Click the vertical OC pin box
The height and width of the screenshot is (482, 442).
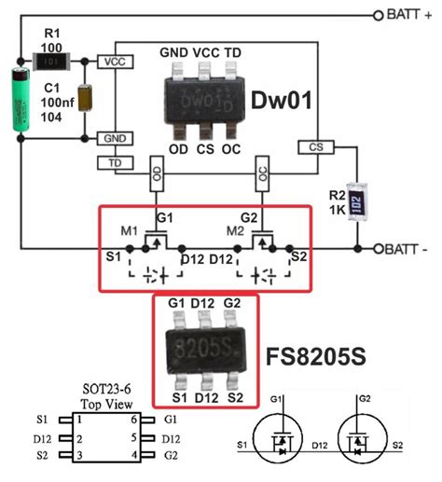coord(263,172)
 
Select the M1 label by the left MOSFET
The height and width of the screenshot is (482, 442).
coord(128,230)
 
